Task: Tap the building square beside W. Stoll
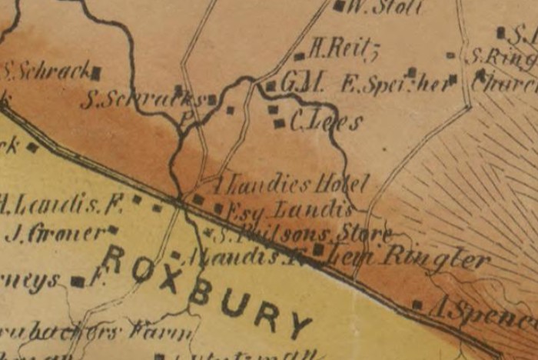point(339,6)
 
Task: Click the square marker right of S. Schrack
point(96,74)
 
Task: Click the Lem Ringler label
point(409,258)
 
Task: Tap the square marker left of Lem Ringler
point(317,250)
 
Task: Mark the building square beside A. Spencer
point(417,305)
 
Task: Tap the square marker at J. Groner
point(112,229)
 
